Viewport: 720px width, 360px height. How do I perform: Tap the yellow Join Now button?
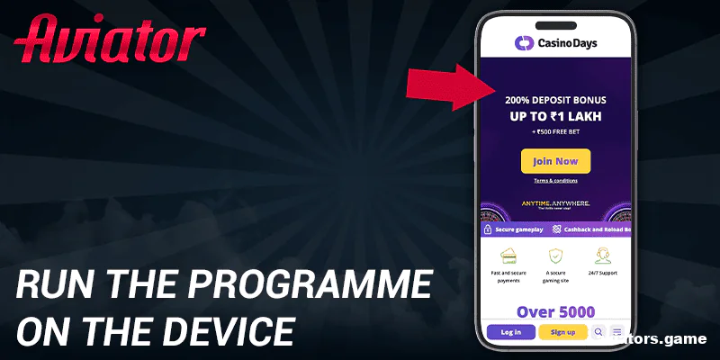coord(555,161)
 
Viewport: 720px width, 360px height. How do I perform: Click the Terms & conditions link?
coord(555,181)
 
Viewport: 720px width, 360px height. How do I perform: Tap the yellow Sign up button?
coord(562,332)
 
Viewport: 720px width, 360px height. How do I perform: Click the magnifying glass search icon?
coord(599,332)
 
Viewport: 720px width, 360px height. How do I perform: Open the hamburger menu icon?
coord(617,332)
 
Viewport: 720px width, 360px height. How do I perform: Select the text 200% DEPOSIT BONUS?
coord(555,101)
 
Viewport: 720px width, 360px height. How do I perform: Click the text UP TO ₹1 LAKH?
coord(555,117)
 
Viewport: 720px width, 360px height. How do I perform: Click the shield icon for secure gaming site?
coord(555,256)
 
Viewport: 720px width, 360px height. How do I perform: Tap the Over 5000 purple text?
coord(555,311)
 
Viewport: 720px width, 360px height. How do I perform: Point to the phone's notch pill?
coord(555,23)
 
